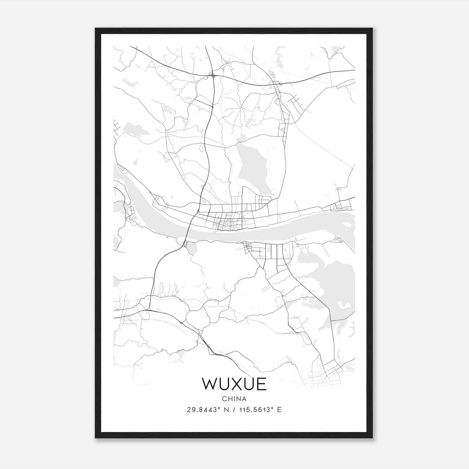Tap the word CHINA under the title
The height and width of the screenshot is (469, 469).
[234, 399]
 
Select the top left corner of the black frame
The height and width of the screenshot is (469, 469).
[96, 29]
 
